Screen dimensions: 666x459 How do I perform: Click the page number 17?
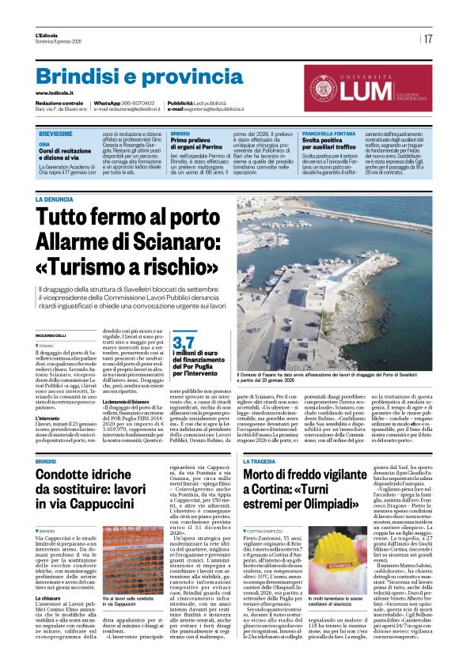coord(427,38)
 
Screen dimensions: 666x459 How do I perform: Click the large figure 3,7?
coord(184,320)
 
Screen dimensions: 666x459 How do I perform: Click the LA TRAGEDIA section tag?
coord(260,460)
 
